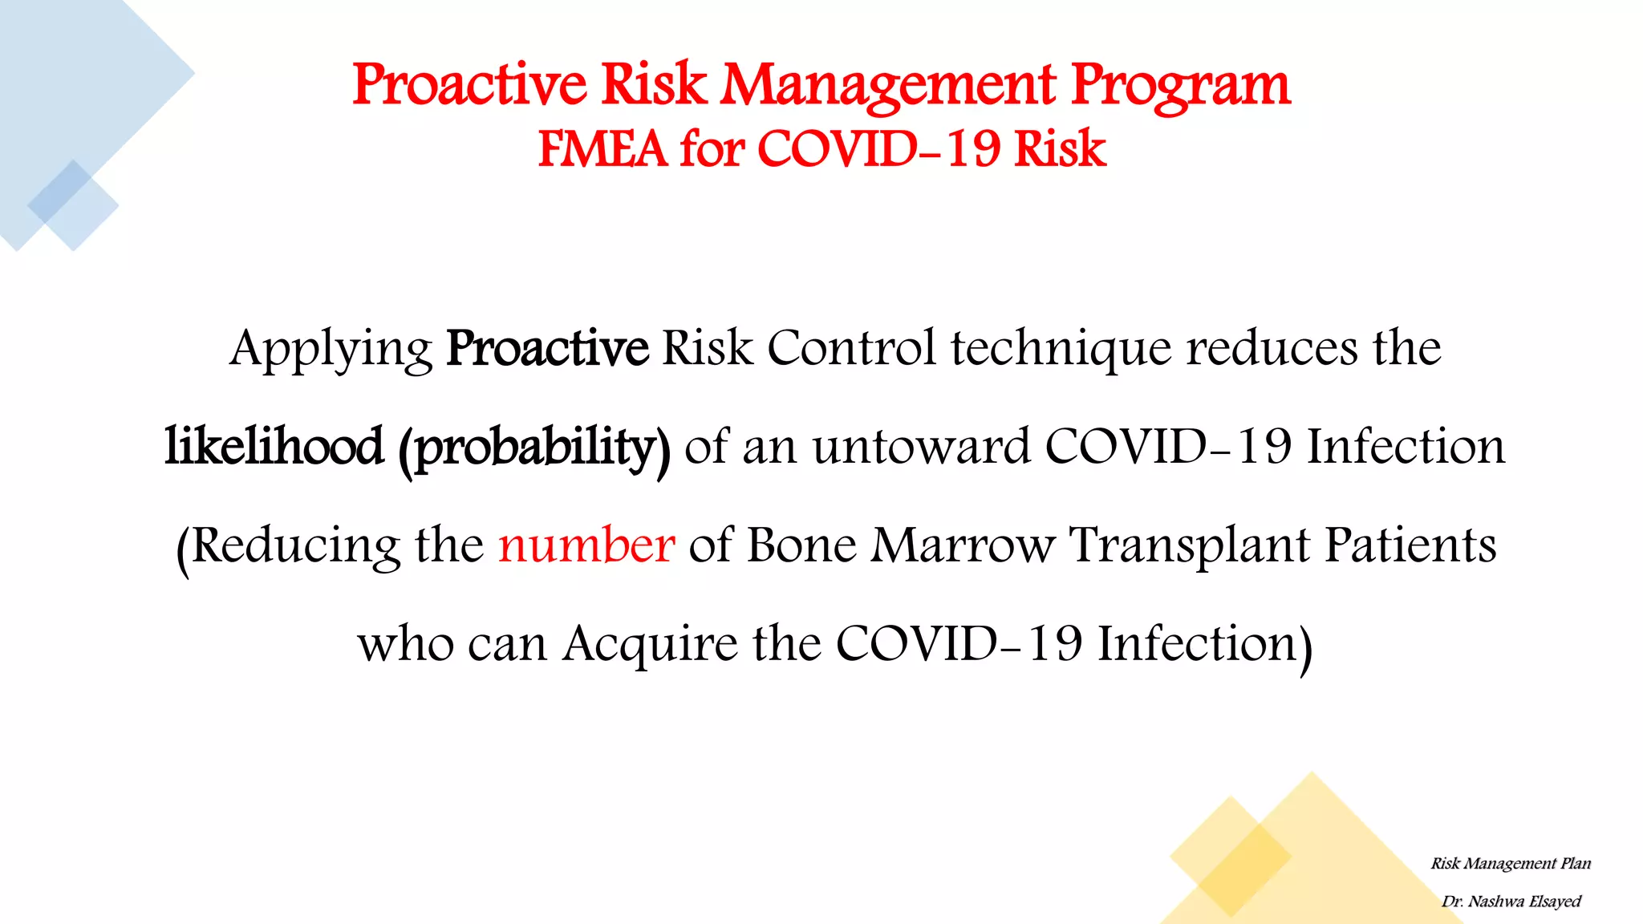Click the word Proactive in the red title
[469, 85]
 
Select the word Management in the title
[888, 85]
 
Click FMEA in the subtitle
[602, 149]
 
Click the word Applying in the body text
[331, 349]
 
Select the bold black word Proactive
[547, 349]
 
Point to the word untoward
[921, 447]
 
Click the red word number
[586, 545]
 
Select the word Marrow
[963, 545]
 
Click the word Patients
[1410, 545]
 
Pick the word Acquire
[649, 644]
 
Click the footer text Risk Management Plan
[1510, 864]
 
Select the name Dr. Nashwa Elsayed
[1511, 902]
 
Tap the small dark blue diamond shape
[60, 192]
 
